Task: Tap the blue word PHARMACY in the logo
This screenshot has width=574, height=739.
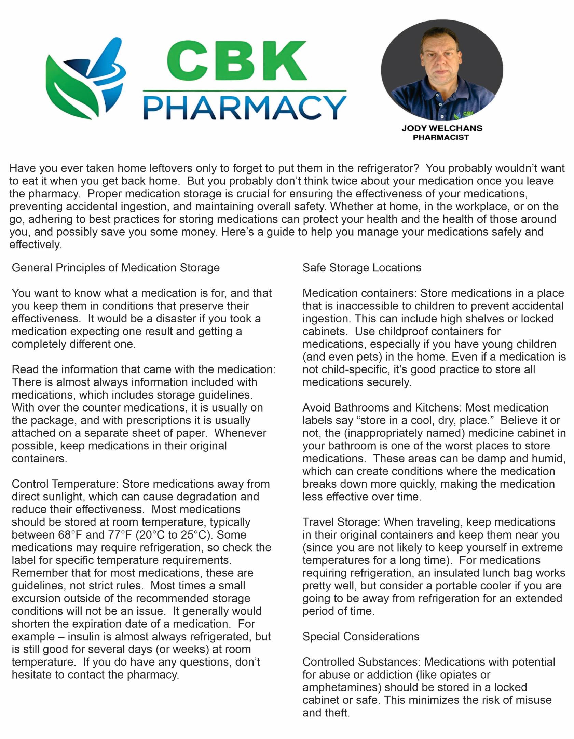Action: pyautogui.click(x=245, y=107)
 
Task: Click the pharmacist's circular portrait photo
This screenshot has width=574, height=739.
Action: pyautogui.click(x=442, y=70)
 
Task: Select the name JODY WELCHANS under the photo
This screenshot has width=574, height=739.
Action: pyautogui.click(x=442, y=128)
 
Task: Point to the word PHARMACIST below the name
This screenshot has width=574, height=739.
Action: pyautogui.click(x=441, y=137)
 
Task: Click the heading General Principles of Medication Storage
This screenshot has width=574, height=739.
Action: pyautogui.click(x=115, y=268)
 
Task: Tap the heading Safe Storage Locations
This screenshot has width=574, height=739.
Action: pyautogui.click(x=362, y=268)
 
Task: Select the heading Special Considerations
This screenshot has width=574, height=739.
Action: pyautogui.click(x=361, y=637)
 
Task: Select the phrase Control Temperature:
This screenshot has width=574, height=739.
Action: pyautogui.click(x=65, y=484)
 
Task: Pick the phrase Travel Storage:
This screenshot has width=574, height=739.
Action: pyautogui.click(x=341, y=522)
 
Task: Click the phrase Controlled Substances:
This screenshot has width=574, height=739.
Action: pyautogui.click(x=362, y=662)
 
